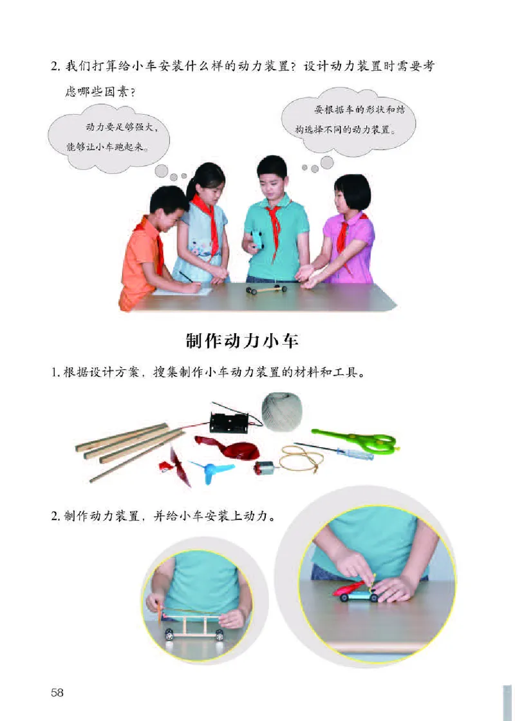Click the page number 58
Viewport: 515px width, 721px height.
(57, 692)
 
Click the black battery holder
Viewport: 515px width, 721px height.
(229, 422)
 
